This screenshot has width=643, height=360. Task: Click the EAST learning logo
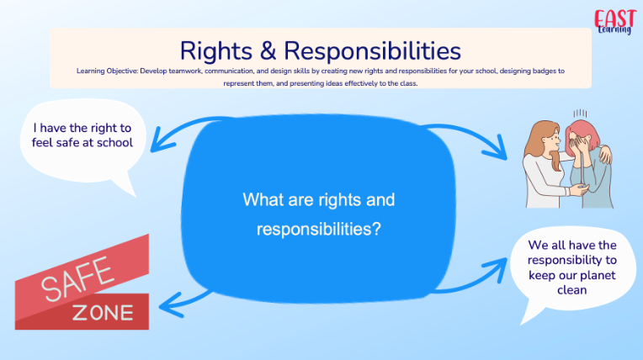tap(614, 22)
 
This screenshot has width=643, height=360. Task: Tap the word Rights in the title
tap(215, 52)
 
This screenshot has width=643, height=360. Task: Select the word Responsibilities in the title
tap(372, 51)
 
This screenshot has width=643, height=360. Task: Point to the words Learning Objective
tap(107, 71)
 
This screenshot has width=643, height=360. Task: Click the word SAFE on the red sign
tap(77, 278)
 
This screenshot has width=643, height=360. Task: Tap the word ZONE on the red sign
tap(103, 313)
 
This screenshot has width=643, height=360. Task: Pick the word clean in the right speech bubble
tap(572, 290)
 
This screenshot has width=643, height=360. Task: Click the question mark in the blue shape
tap(376, 229)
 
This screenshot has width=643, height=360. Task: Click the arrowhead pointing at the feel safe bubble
tap(161, 140)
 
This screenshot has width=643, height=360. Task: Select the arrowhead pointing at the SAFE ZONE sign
tap(169, 305)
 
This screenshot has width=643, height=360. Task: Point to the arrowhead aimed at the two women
tap(497, 148)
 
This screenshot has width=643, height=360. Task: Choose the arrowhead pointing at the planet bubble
tap(497, 268)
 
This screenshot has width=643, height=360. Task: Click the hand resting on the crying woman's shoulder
tap(604, 155)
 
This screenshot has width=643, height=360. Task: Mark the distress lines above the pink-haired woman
tap(580, 114)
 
